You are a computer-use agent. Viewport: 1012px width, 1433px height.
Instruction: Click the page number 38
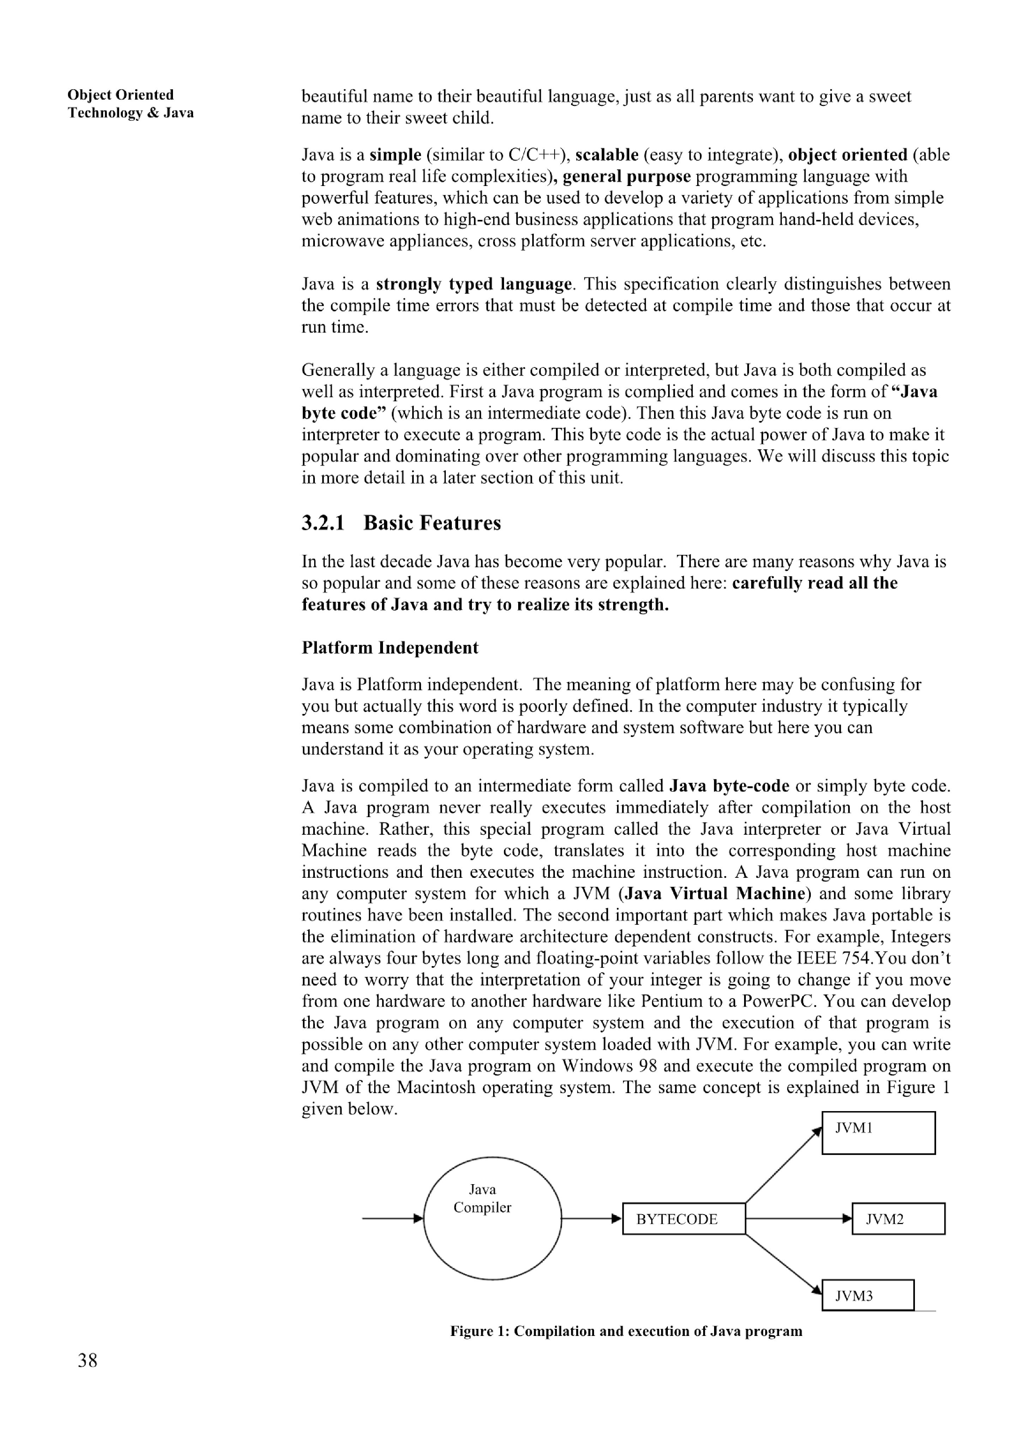(x=88, y=1360)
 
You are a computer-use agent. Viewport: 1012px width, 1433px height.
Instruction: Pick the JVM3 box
(x=867, y=1295)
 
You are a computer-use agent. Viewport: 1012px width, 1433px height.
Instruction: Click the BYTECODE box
(x=684, y=1218)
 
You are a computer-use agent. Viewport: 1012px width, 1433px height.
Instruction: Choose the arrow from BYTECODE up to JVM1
(x=784, y=1165)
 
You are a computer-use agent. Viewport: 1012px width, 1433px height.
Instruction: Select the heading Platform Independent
(x=390, y=647)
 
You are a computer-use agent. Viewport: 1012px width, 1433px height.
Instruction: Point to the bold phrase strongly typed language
(x=473, y=284)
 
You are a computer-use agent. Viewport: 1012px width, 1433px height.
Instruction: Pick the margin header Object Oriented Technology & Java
(x=131, y=104)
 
